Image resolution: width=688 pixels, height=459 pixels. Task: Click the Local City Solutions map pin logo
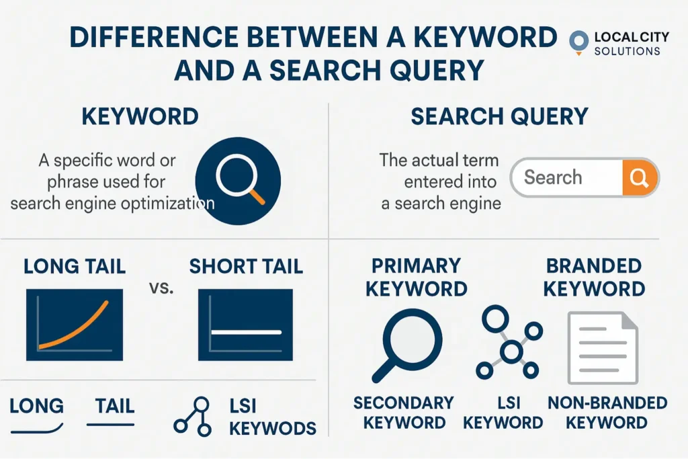(578, 42)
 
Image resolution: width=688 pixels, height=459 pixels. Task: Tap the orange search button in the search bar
(640, 177)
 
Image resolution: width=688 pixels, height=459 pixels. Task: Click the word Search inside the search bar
(553, 177)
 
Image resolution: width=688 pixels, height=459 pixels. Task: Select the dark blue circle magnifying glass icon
(238, 181)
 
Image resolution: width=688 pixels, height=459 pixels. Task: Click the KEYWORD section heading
(140, 117)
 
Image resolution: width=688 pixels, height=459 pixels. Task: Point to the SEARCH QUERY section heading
(499, 117)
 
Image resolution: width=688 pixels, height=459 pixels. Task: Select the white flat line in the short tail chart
(246, 332)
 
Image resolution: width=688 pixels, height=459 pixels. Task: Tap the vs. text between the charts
(161, 288)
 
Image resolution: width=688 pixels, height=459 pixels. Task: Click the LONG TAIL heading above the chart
(75, 266)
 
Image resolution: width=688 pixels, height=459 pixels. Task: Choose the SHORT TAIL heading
(246, 266)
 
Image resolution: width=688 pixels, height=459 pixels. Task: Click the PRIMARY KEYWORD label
(417, 278)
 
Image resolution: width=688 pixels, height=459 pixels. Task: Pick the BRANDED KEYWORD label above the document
(594, 278)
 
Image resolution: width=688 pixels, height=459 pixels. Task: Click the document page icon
(603, 348)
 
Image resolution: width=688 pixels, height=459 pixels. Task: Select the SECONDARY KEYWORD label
(404, 413)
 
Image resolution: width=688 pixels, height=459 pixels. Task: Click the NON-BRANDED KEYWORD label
(607, 413)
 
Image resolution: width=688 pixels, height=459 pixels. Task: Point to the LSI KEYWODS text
(273, 417)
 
